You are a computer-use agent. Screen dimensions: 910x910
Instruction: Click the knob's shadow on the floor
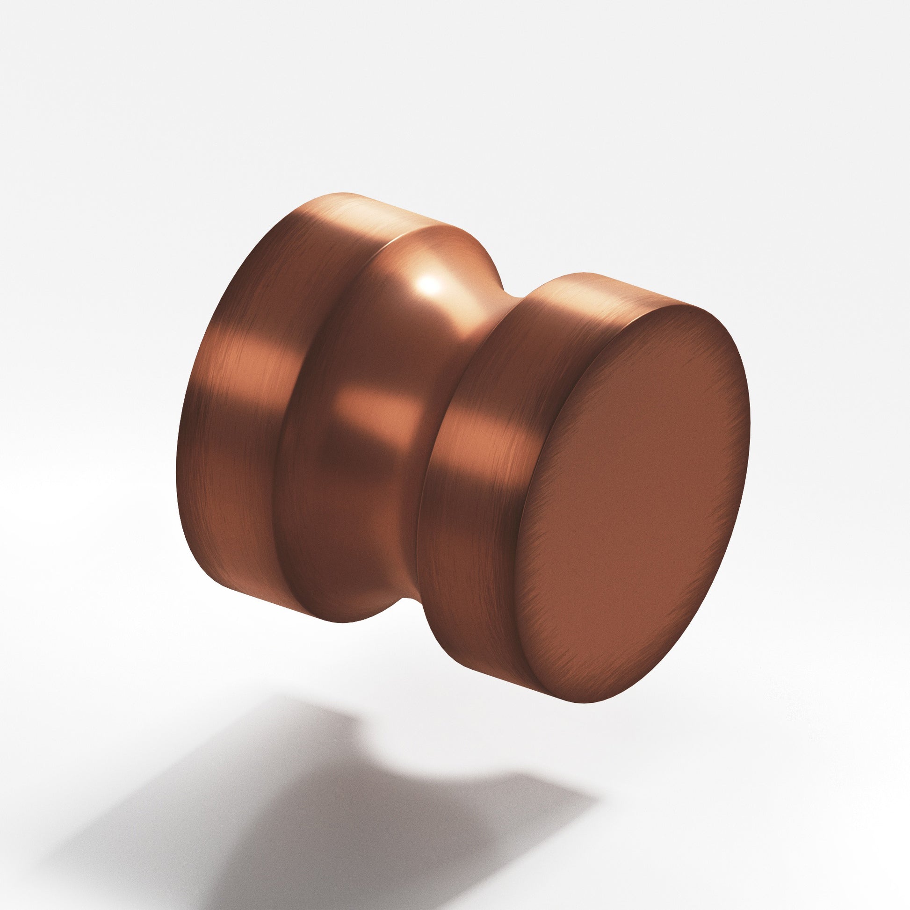click(330, 801)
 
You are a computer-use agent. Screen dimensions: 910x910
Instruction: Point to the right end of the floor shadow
click(596, 784)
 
